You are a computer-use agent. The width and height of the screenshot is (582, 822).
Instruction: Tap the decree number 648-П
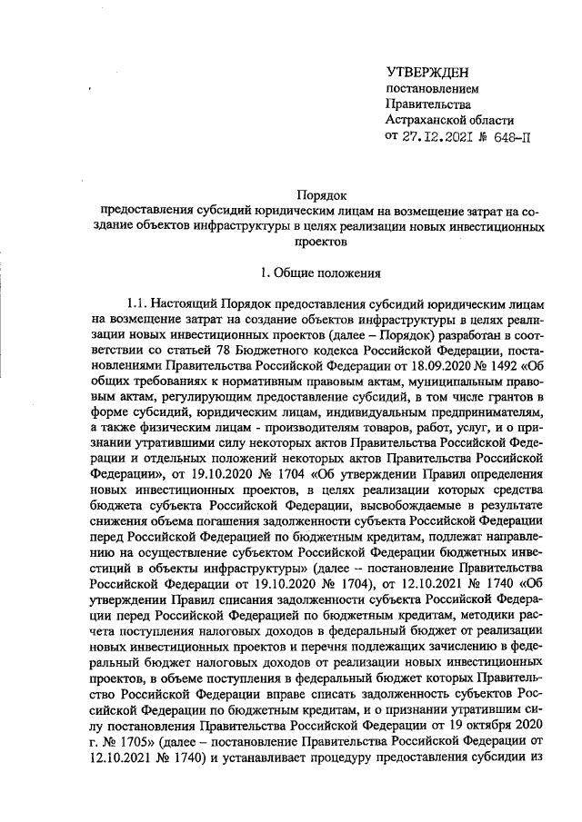(x=512, y=137)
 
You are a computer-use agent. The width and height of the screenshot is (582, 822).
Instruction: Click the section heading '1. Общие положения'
(x=320, y=271)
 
